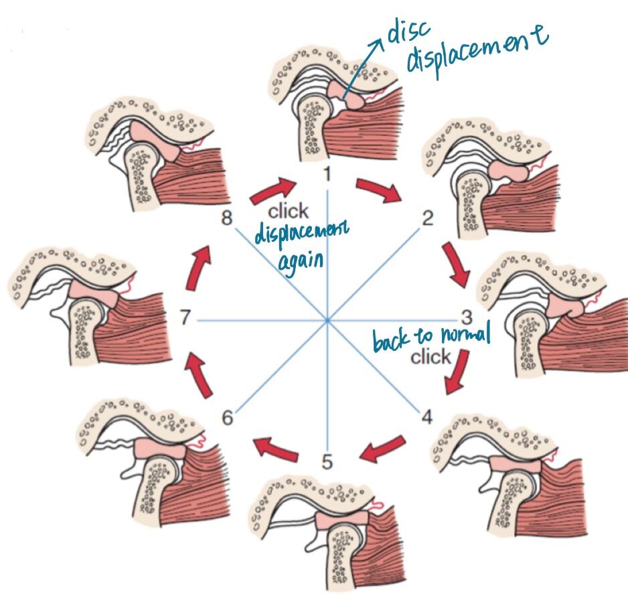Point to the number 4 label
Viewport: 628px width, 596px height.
pos(427,417)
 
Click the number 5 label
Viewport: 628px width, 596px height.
pos(327,461)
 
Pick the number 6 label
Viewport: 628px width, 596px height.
pos(228,419)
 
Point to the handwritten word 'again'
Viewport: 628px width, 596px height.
pos(300,259)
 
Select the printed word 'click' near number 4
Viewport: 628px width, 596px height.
pos(430,357)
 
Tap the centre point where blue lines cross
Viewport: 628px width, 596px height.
pos(327,321)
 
